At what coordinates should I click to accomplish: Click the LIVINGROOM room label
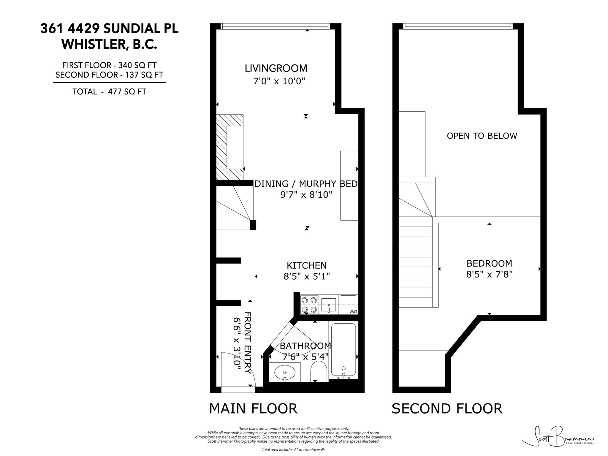pos(276,68)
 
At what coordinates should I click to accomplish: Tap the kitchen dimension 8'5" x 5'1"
pos(307,276)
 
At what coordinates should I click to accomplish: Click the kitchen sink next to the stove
pos(328,305)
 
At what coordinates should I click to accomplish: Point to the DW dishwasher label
pos(353,311)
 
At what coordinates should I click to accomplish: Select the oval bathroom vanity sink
pos(285,372)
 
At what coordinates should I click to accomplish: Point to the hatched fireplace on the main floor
pos(229,147)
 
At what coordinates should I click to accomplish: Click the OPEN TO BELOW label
pos(482,136)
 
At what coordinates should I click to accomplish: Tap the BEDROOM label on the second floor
pos(489,263)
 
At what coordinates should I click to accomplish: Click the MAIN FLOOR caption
pos(253,408)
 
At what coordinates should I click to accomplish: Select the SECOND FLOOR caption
pos(447,408)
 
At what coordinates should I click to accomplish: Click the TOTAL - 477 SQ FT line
pos(109,92)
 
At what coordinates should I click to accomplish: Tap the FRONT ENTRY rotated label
pos(247,343)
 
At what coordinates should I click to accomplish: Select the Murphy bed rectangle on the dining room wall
pos(349,186)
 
